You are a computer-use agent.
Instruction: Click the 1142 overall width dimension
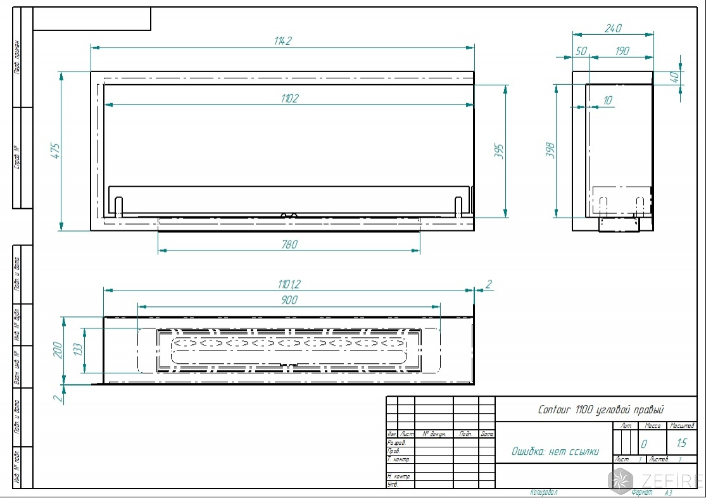282,41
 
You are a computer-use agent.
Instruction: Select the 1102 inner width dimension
289,98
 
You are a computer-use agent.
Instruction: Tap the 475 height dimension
55,151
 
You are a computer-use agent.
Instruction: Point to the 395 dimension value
500,151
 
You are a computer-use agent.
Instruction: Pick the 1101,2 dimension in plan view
289,283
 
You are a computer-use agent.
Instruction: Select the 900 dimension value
289,301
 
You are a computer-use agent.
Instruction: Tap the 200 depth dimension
56,349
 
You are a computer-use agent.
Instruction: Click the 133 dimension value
77,349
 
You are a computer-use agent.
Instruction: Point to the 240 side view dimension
613,28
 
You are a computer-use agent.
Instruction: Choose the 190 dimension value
622,51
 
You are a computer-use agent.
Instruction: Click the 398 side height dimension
550,150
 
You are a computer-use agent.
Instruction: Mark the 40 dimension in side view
674,77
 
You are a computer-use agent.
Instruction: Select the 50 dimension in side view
581,51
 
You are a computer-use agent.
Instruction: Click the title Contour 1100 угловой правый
600,410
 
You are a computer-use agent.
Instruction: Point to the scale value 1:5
681,443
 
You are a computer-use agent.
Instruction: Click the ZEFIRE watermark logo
655,480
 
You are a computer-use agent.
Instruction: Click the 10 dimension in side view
607,101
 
